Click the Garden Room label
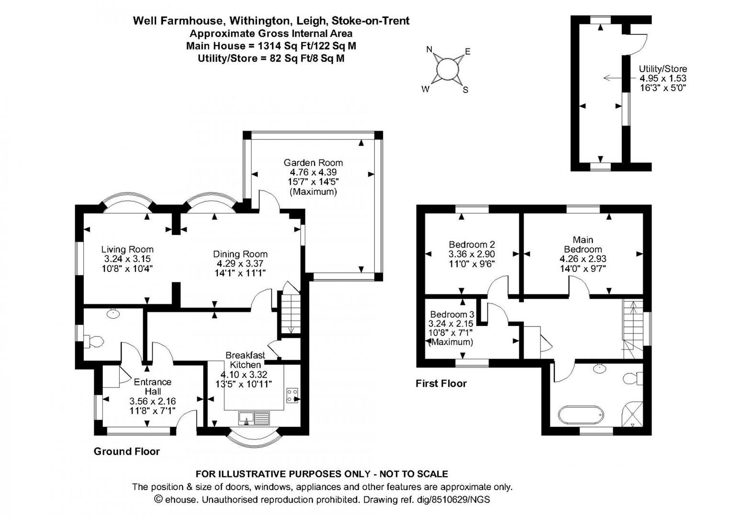(x=313, y=163)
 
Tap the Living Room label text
(x=127, y=249)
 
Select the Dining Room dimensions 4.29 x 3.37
(x=240, y=263)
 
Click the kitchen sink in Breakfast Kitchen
(x=254, y=418)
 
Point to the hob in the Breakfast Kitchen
(x=292, y=395)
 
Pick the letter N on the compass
(x=429, y=50)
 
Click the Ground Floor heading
(x=126, y=452)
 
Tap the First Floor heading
(x=441, y=383)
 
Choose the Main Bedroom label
(x=583, y=245)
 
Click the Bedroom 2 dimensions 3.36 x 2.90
(x=472, y=254)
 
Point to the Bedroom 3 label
(x=452, y=315)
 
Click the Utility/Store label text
(x=663, y=69)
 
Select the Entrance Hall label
(x=153, y=386)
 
